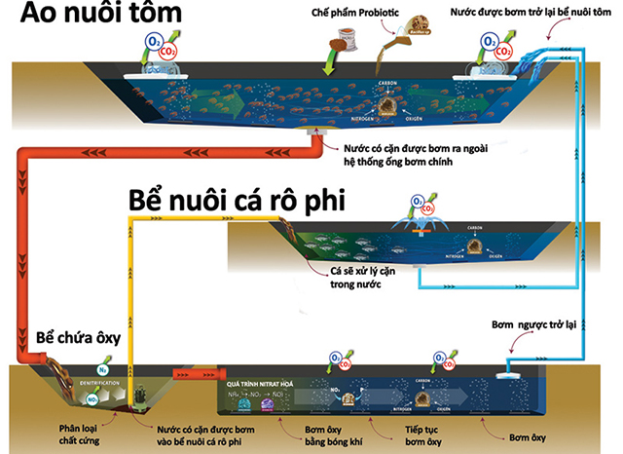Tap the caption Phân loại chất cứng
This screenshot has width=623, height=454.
point(84,435)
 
